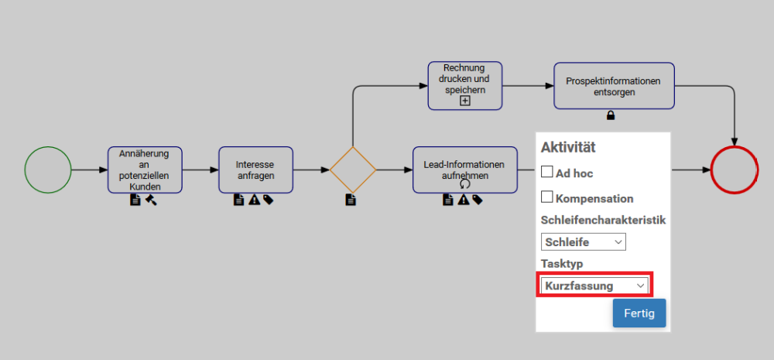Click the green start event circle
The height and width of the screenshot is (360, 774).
point(48,170)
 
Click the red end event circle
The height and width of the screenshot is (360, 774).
point(735,170)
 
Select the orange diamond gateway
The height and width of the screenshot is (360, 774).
point(353,170)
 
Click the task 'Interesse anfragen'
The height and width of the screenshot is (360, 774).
point(255,170)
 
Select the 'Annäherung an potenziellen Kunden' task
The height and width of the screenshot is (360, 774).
point(146,170)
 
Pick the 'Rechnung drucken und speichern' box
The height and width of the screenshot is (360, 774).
point(465,85)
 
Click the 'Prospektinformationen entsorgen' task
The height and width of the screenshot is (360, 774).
point(614,85)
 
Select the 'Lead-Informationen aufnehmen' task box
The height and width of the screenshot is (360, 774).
point(465,170)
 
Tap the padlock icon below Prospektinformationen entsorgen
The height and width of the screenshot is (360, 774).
point(611,115)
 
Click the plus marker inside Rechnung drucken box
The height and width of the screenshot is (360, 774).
point(465,101)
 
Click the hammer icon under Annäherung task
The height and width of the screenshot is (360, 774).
point(151,200)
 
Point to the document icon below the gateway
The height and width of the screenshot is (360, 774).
point(351,200)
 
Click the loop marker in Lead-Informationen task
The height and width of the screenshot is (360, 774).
point(465,183)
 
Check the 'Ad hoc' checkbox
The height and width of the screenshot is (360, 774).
point(546,171)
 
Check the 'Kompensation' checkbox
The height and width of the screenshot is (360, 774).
point(546,197)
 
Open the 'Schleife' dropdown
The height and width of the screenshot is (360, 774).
point(584,242)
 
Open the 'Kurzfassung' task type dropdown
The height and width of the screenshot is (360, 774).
point(594,286)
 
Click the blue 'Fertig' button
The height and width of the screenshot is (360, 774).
point(639,313)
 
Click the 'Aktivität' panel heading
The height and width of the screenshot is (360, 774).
point(568,146)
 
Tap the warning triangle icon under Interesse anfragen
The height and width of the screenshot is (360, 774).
point(254,200)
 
